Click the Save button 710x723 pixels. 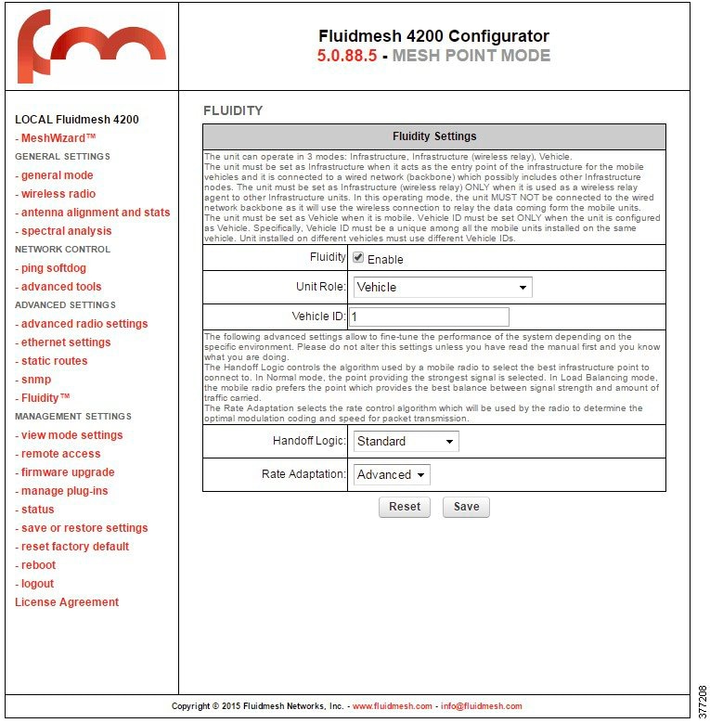click(466, 507)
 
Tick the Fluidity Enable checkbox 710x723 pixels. click(358, 258)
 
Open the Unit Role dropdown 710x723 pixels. click(442, 288)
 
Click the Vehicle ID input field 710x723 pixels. click(429, 316)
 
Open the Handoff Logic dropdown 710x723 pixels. click(406, 442)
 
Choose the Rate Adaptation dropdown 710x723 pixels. click(391, 475)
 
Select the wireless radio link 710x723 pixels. click(58, 194)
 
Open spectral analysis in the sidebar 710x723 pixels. click(66, 231)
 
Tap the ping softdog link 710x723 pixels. click(53, 268)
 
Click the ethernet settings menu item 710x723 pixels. click(65, 342)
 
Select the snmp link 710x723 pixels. click(35, 380)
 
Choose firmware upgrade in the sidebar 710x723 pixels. click(68, 472)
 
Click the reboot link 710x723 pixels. click(38, 565)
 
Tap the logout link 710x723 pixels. click(37, 584)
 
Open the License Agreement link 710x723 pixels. click(67, 602)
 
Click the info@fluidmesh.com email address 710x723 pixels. click(481, 706)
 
